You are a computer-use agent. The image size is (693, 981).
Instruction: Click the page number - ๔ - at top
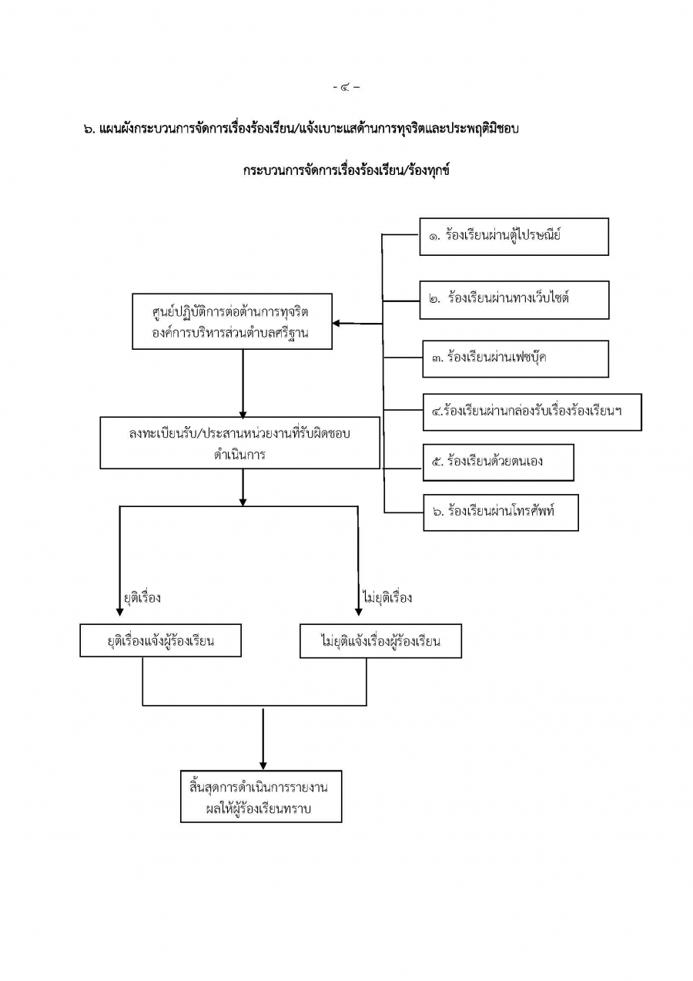pos(346,87)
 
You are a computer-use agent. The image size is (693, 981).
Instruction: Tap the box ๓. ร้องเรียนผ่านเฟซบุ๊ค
pos(515,358)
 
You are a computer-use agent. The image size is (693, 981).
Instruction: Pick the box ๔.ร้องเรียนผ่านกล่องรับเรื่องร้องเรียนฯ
pos(531,412)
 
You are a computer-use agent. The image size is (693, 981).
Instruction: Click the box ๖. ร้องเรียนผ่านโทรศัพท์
pos(500,512)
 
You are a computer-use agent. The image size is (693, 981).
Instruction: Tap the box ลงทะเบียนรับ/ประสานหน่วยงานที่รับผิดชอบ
pos(240,443)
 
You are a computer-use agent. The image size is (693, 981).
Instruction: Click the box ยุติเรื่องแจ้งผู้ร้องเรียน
pos(161,641)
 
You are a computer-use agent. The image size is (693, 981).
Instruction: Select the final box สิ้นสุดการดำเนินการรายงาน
pos(260,796)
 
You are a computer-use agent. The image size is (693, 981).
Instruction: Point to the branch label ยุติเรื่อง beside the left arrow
pos(142,598)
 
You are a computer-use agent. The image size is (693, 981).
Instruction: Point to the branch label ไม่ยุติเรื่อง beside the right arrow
pos(387,598)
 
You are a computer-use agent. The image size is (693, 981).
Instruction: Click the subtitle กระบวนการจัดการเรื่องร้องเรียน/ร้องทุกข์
pos(346,170)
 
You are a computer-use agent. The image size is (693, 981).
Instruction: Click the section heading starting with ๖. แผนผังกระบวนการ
pos(301,129)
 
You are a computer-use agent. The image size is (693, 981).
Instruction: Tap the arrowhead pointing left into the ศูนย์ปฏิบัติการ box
pos(337,324)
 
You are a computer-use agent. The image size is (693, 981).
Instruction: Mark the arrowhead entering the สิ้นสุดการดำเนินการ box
pos(263,764)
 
